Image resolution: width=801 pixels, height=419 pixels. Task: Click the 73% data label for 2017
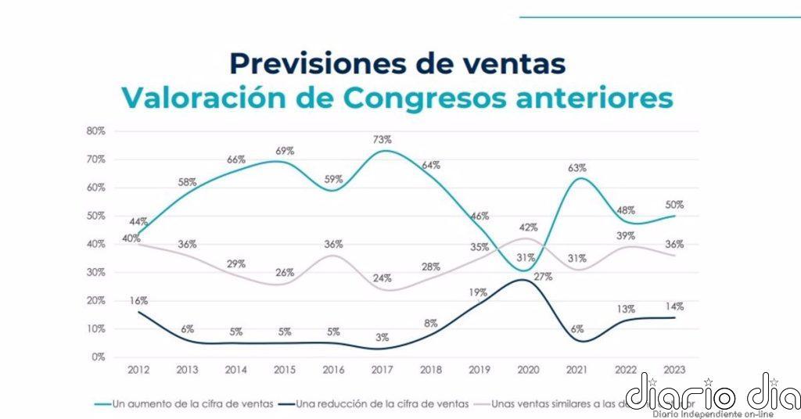click(382, 139)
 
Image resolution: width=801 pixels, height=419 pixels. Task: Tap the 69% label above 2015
click(286, 150)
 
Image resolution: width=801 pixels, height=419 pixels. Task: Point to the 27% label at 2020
click(544, 276)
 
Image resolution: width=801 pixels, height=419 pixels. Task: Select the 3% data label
click(382, 337)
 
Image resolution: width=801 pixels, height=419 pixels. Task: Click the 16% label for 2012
click(138, 300)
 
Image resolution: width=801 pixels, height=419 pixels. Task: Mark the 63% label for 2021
click(577, 167)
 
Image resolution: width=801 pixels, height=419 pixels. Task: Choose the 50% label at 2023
click(675, 205)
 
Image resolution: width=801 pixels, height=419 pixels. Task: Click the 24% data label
click(382, 277)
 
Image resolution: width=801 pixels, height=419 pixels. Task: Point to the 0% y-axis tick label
click(98, 357)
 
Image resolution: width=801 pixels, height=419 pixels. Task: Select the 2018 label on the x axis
click(430, 370)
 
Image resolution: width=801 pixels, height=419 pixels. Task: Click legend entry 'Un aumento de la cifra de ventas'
click(192, 403)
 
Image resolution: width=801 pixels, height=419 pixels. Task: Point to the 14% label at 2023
click(675, 306)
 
